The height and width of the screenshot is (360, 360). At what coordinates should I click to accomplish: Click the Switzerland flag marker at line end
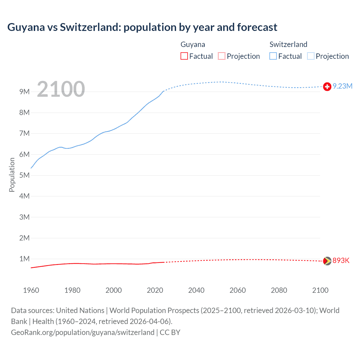coord(327,87)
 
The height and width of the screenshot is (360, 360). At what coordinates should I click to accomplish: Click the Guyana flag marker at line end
coord(327,261)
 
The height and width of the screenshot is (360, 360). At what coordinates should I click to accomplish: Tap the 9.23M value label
coord(343,86)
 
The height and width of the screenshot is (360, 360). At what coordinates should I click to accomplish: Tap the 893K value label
coord(341,261)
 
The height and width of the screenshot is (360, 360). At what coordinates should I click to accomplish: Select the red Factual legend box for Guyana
coord(184,56)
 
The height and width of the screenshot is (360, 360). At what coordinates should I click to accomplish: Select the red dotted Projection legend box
coord(222,56)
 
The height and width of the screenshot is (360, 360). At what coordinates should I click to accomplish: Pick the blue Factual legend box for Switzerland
coord(273,56)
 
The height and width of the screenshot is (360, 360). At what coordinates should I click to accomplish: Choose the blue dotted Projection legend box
coord(310,56)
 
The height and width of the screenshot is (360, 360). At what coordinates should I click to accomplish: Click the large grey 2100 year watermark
coord(61,89)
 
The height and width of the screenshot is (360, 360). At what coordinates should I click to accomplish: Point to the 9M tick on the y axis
coord(24,92)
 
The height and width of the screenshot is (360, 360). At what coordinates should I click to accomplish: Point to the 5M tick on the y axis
coord(24,175)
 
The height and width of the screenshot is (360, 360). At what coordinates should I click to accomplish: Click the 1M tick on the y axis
coord(24,259)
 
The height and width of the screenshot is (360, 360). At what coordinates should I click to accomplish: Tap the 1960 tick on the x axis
coord(31,290)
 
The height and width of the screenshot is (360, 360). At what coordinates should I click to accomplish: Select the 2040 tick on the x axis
coord(196,290)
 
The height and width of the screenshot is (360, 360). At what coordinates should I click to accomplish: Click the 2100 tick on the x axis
coord(320,290)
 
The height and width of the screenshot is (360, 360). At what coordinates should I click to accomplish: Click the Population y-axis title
coord(12,175)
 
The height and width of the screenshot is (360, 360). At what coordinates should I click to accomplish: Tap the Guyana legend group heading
coord(193,44)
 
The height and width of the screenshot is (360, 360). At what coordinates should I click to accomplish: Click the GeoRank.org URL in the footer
coord(83,332)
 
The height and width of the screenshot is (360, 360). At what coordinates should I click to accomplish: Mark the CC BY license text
coord(170,332)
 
